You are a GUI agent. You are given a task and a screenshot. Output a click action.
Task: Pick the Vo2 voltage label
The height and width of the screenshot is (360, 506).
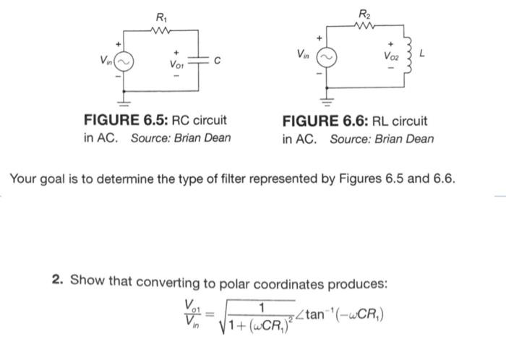pyautogui.click(x=392, y=53)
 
